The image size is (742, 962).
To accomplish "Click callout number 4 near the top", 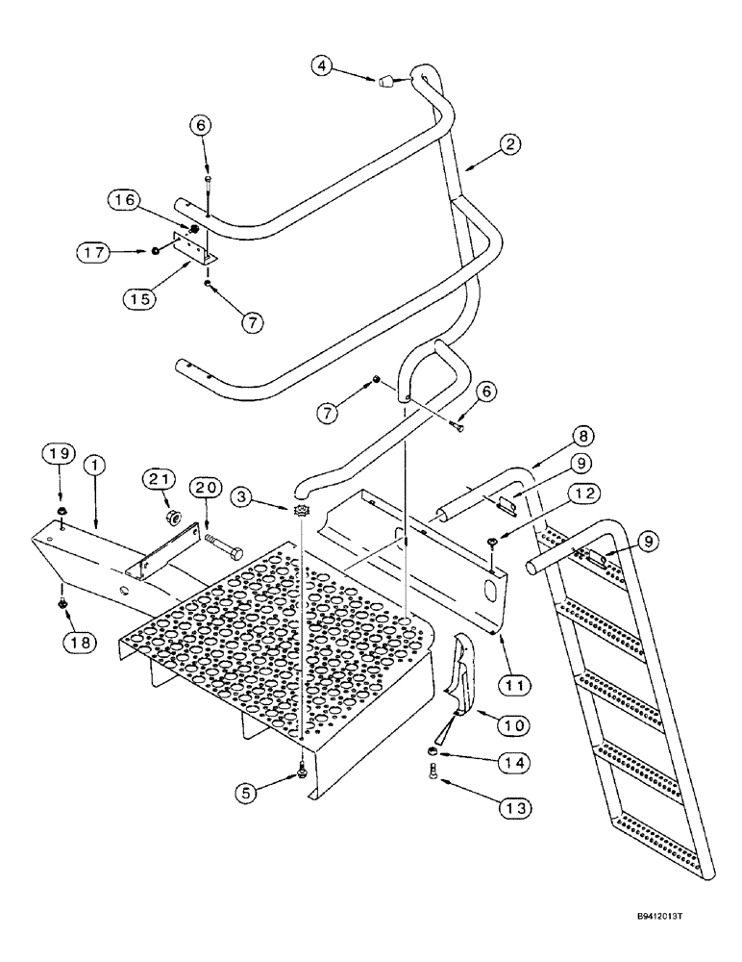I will (x=324, y=66).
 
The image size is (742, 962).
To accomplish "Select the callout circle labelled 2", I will (x=510, y=145).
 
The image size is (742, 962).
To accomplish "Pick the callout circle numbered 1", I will (x=94, y=465).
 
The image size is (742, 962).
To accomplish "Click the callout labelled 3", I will (x=244, y=496).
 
